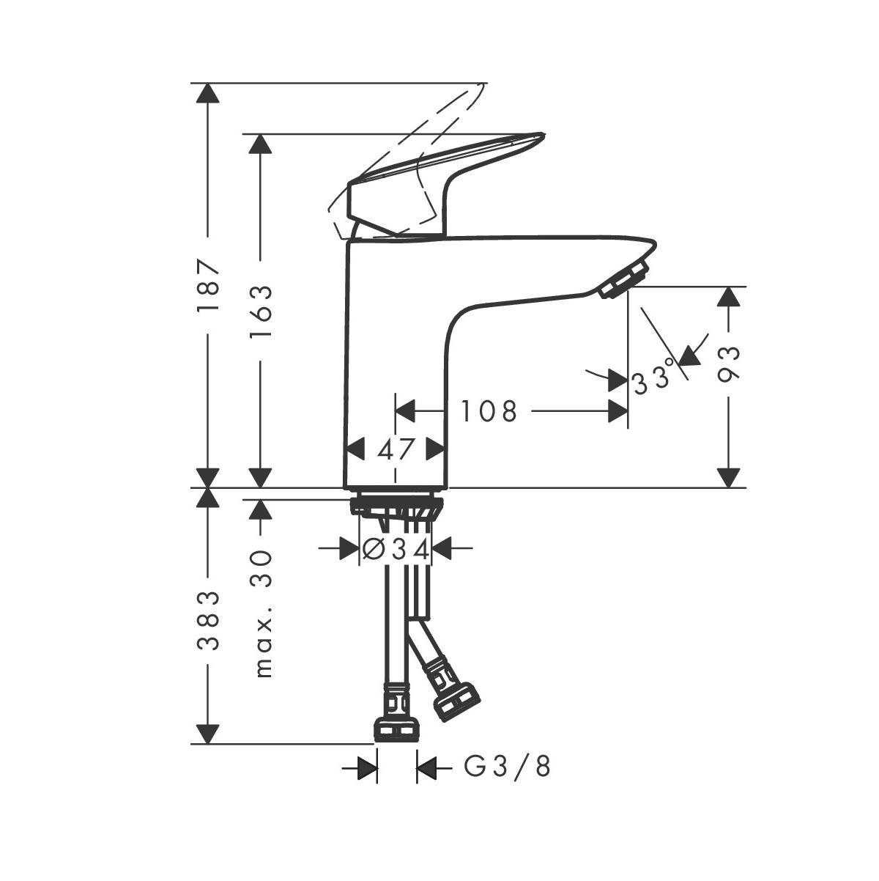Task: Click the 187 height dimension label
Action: coord(209,285)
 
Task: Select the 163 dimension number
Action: coord(260,311)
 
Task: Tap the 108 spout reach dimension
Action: coord(489,411)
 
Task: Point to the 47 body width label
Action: coord(396,449)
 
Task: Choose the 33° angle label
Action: coord(651,381)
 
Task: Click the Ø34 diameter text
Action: coord(396,548)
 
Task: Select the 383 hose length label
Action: coord(209,620)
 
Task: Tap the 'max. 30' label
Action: coord(262,613)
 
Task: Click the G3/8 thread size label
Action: coord(507,767)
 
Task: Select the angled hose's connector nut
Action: coord(456,702)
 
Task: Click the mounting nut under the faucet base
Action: coord(396,507)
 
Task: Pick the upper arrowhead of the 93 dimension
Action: coord(727,296)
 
